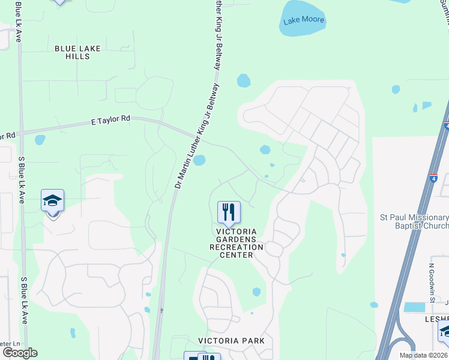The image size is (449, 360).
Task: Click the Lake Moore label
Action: [304, 20]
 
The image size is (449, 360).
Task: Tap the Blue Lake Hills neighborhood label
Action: [77, 52]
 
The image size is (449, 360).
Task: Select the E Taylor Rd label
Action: [111, 119]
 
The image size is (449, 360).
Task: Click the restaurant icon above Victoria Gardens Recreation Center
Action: [229, 212]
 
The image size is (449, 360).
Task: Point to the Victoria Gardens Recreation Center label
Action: [236, 243]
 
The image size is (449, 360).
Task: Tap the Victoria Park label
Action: [232, 341]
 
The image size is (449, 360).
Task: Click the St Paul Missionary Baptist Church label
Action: [414, 221]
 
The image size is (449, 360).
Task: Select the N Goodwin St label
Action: [431, 282]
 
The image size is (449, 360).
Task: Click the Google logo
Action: [19, 353]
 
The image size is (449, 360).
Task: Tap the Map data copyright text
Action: [423, 355]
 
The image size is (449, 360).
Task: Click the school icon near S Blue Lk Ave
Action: [53, 201]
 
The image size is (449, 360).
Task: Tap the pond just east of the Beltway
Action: [199, 160]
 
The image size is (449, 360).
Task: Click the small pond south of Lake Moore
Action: [244, 80]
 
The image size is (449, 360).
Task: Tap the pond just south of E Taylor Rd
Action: [40, 140]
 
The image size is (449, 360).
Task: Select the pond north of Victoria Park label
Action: [256, 292]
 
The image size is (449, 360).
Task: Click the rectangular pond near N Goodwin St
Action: [414, 307]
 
